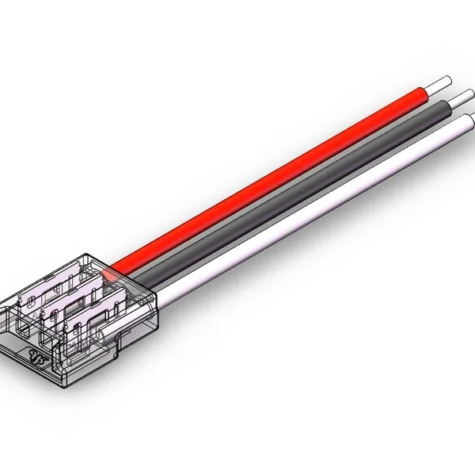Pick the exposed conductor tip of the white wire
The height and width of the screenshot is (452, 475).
point(467,120)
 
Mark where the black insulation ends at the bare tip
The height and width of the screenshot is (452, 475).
point(446,105)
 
